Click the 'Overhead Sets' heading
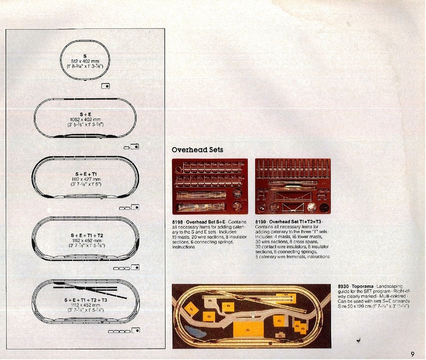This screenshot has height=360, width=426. (198, 149)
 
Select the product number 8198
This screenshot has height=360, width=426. (178, 222)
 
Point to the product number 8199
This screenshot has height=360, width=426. (261, 222)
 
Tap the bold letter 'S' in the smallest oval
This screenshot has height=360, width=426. (85, 55)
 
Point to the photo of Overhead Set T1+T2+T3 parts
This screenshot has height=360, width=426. (292, 188)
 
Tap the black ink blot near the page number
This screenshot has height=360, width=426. (358, 341)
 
